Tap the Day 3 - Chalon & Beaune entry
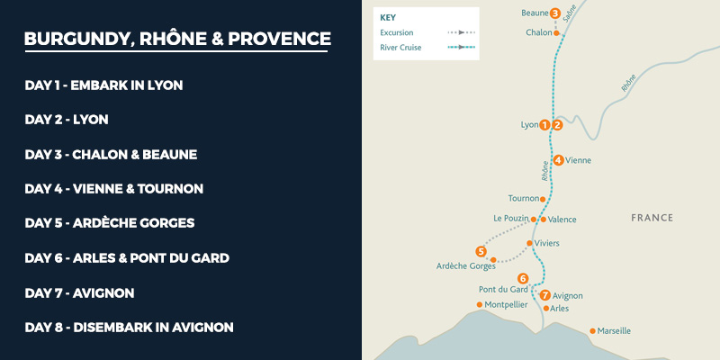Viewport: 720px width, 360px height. (111, 154)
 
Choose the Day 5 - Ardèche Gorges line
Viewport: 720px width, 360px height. (110, 223)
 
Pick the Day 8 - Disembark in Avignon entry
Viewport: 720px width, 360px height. (129, 328)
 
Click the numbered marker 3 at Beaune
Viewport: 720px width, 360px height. (555, 13)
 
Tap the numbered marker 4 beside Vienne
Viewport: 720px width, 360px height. (559, 160)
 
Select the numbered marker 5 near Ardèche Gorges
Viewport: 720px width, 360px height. (481, 251)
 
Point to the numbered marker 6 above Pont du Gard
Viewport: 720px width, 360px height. (523, 278)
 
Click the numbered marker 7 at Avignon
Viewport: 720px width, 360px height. (544, 294)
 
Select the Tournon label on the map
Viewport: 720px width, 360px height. (523, 198)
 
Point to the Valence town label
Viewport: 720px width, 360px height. (562, 220)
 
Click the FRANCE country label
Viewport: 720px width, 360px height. (652, 218)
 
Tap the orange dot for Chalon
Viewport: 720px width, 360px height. (556, 33)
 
